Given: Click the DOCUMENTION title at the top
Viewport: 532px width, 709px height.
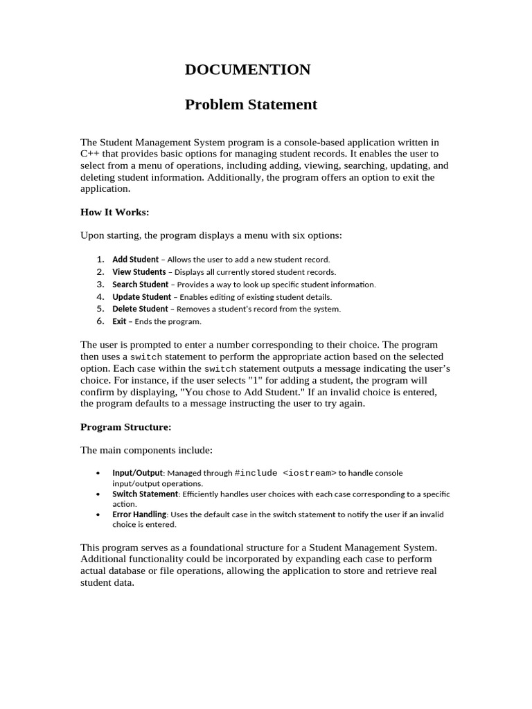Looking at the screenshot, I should [247, 70].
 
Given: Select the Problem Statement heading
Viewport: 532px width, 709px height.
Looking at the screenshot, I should [251, 105].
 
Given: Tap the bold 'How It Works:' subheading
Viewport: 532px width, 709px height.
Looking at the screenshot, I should [115, 212].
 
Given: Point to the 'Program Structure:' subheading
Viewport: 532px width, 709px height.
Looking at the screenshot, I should [125, 427].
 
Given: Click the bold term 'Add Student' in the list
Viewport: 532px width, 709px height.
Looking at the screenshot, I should [135, 260].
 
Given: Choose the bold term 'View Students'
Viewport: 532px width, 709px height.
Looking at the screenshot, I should [139, 272].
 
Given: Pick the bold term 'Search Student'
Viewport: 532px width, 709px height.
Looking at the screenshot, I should [140, 285].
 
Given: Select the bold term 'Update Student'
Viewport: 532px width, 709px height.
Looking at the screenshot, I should [141, 297].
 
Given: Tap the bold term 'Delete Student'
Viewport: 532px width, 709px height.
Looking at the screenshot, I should [140, 309].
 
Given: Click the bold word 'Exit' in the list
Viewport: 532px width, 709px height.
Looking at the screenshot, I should [119, 321].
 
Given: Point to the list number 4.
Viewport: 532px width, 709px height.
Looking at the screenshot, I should [100, 297].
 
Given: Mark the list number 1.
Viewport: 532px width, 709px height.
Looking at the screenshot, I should [100, 260].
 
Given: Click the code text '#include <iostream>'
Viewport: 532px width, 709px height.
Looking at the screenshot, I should [285, 473].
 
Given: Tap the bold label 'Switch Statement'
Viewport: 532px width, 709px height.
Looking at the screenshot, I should [145, 494].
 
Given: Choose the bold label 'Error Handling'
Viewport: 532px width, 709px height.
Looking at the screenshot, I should [139, 514].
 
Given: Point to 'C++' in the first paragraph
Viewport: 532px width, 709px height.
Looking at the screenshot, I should [89, 153].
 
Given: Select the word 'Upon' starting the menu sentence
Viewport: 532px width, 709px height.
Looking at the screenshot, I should [92, 235].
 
